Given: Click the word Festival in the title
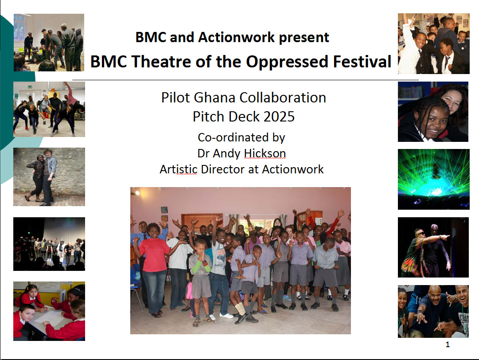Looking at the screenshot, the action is coord(362,62).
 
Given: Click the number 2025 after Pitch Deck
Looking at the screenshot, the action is coord(279,117).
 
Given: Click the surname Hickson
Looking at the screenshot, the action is coord(265,153).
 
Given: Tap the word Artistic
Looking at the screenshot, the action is coord(179,169).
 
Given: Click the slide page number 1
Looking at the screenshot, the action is coord(448,344).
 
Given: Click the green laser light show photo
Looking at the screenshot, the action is coord(433,179).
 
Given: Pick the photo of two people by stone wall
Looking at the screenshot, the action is coord(49,176).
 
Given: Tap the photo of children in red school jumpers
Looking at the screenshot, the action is coord(49,311).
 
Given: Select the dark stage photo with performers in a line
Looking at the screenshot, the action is coord(49,244).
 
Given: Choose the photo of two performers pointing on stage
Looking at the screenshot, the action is coord(433,247).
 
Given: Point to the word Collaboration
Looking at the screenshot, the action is coord(283,98).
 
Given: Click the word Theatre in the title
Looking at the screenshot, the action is coord(162,62).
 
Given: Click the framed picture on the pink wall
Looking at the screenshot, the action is coord(164,210).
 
